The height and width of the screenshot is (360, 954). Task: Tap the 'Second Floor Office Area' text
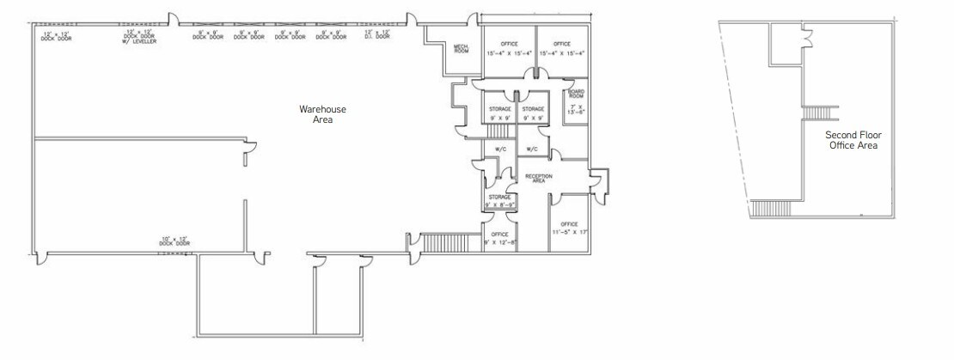[853, 141]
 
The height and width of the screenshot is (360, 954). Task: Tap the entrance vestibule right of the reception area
[600, 180]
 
